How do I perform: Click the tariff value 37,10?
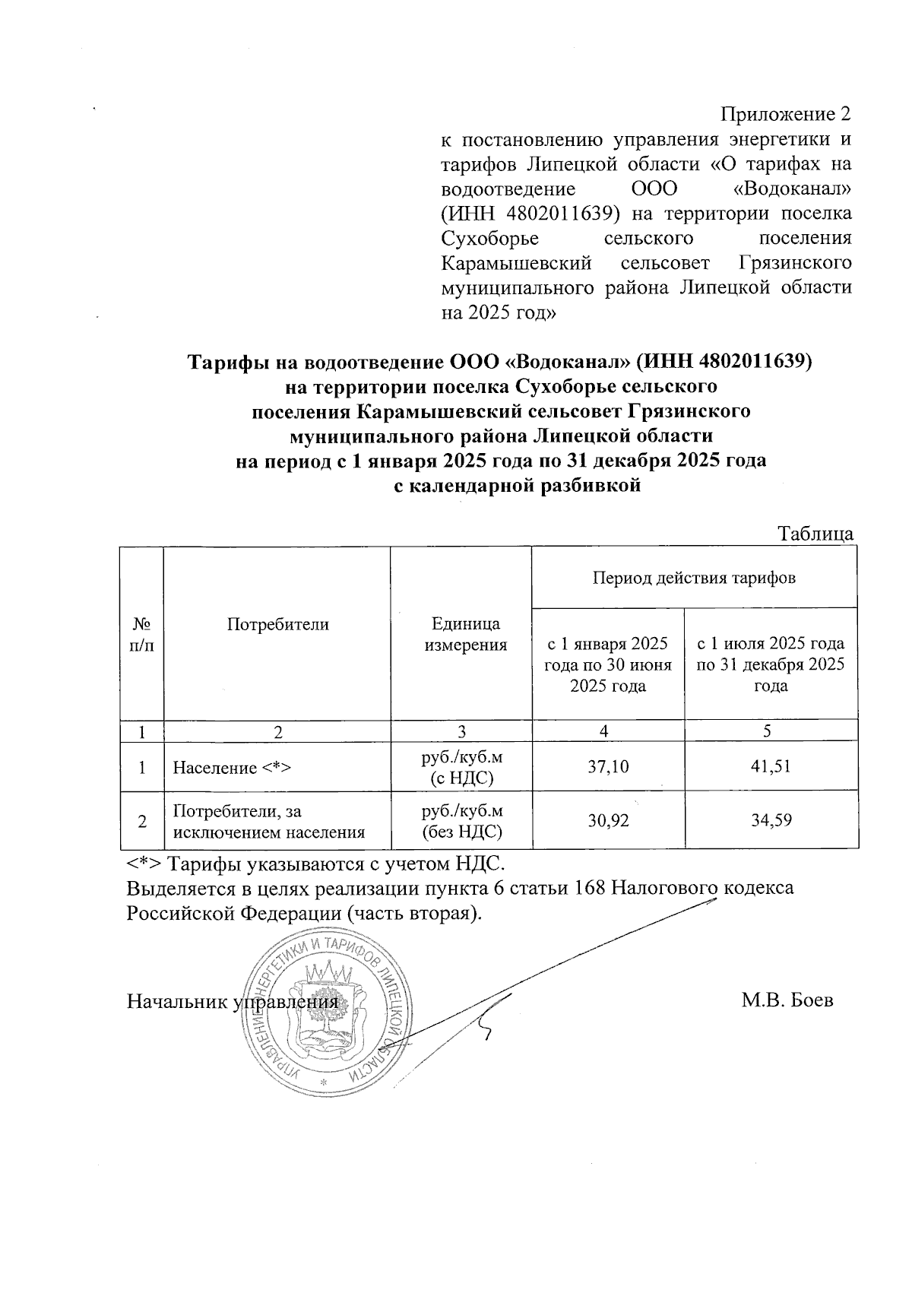(x=608, y=766)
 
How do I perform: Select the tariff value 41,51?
(x=771, y=766)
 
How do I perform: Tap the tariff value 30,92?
(x=608, y=820)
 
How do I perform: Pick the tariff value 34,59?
(x=771, y=820)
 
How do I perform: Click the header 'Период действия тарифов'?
(x=694, y=577)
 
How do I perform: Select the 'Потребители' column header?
(x=277, y=625)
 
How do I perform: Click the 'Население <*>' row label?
(x=233, y=768)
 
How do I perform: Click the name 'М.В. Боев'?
(x=787, y=1000)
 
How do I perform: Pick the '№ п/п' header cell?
(x=142, y=635)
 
